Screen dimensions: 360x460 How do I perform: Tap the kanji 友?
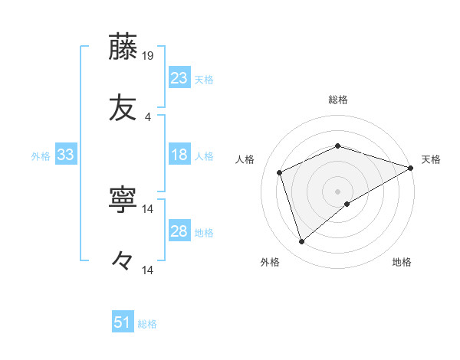(123, 109)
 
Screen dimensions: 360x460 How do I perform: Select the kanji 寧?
(123, 200)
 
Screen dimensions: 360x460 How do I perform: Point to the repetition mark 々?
(123, 262)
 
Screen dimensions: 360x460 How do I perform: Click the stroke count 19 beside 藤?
(148, 55)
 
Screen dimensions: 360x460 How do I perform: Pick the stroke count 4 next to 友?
(148, 117)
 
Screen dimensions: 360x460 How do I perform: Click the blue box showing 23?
(179, 77)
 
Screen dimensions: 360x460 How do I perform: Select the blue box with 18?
(179, 155)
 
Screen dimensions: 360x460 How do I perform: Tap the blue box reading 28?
(179, 231)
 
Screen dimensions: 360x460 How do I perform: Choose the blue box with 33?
(66, 155)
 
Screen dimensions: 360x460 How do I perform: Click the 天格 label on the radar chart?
(431, 159)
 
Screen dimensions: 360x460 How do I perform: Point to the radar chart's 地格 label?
(402, 262)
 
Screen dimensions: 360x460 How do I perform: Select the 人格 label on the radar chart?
(245, 159)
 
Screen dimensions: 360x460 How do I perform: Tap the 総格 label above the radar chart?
(338, 100)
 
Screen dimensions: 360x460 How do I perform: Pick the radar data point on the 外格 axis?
(302, 242)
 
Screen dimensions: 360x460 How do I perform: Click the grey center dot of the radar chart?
(338, 191)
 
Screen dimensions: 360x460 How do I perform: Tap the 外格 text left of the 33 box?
(41, 155)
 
